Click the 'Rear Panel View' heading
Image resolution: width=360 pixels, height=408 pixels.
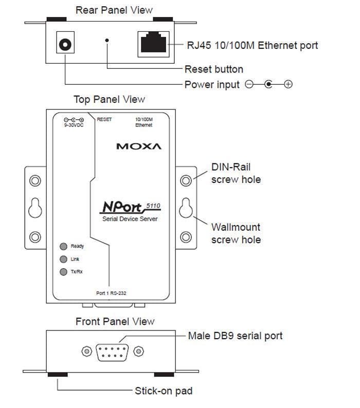coord(114,10)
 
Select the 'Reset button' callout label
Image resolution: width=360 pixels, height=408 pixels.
coord(213,69)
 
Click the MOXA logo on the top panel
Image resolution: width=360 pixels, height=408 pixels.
coord(138,146)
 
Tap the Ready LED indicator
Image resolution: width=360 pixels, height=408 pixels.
coord(64,246)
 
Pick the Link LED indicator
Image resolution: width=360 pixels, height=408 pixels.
coord(64,259)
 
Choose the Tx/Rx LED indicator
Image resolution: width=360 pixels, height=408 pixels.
coord(64,272)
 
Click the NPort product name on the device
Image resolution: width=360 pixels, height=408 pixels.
coord(124,208)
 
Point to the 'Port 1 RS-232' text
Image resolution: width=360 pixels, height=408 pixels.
coord(112,293)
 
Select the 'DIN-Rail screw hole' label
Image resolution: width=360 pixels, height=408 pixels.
coord(236,173)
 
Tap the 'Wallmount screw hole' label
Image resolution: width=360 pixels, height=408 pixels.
coord(236,233)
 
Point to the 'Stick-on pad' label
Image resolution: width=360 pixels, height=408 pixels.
coord(164,391)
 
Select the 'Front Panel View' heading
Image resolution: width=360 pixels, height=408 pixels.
coord(115,322)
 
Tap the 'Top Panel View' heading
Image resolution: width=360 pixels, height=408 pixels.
coord(109,99)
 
